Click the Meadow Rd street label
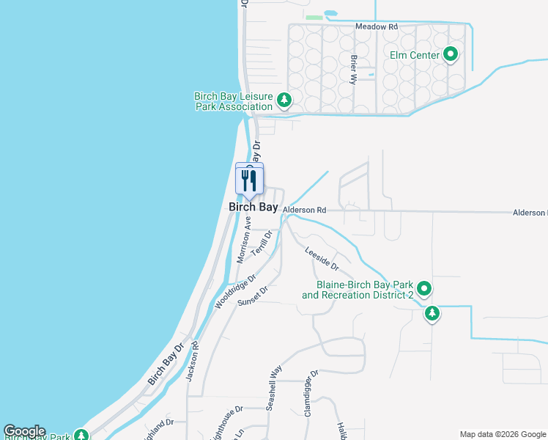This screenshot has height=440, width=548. (x=376, y=26)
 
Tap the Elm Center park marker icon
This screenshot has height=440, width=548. (x=451, y=54)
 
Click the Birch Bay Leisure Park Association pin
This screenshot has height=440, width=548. (x=285, y=100)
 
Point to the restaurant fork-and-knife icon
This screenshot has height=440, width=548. (x=249, y=180)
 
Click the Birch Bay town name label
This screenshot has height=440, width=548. (x=253, y=208)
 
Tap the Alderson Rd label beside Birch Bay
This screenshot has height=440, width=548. (x=304, y=210)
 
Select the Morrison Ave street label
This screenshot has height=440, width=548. (x=244, y=240)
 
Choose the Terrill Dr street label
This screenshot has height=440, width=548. (x=262, y=243)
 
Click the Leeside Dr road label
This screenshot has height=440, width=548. (x=322, y=257)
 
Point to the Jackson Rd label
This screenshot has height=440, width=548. (x=192, y=362)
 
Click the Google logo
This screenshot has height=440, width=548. (x=24, y=431)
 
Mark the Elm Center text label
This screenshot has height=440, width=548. (x=415, y=55)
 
